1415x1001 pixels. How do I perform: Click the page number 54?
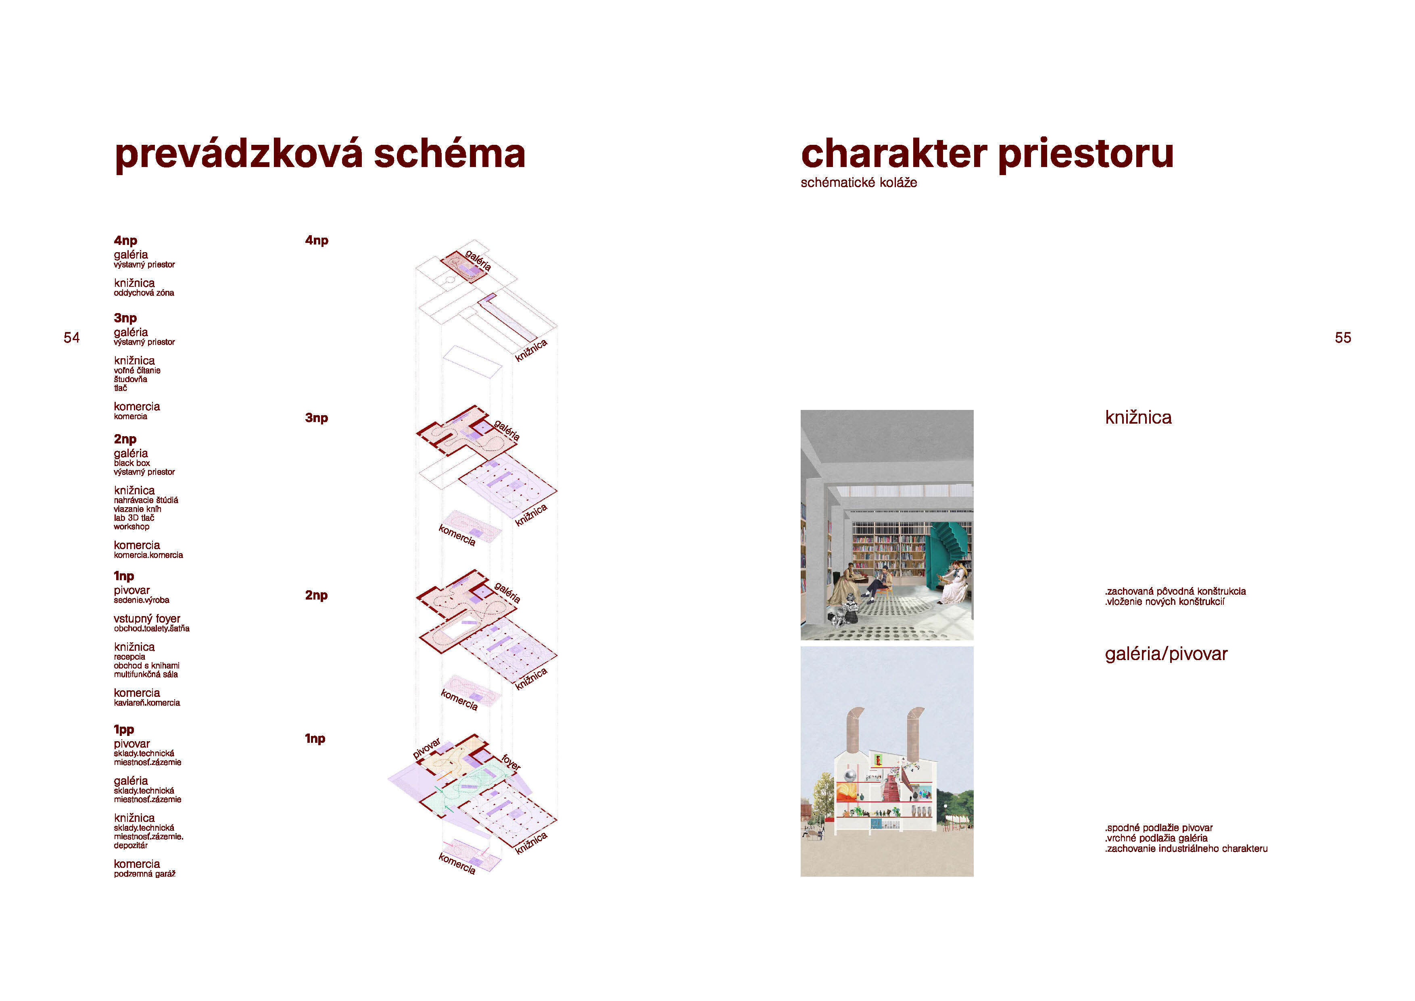coord(71,338)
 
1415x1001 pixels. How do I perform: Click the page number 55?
coord(1343,338)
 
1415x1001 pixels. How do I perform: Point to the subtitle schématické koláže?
coord(858,182)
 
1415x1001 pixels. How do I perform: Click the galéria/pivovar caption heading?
coord(1166,654)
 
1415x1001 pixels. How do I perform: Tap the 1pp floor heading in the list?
coord(124,730)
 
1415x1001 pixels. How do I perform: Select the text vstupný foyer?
coord(147,618)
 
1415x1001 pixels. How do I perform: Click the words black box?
coord(132,463)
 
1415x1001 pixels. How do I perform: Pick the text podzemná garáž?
coord(145,874)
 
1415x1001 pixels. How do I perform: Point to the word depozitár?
coord(131,846)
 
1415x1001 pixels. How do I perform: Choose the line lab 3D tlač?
coord(134,518)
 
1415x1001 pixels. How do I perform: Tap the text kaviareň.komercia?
coord(147,703)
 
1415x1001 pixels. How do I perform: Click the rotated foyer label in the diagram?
coord(511,763)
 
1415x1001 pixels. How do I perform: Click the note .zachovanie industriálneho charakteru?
coord(1186,849)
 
